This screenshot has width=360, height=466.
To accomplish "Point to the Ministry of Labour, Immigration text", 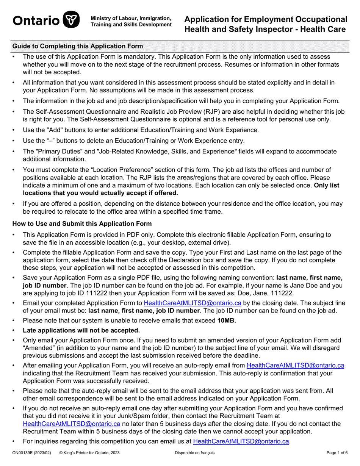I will (131, 18).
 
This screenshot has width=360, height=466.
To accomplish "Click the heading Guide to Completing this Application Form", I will (78, 46).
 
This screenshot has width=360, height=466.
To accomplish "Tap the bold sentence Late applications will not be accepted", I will (81, 330).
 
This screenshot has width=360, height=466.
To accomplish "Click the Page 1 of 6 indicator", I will (337, 453).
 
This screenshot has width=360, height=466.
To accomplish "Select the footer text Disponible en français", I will (194, 453).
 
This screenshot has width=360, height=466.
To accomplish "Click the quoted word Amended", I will (39, 348).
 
